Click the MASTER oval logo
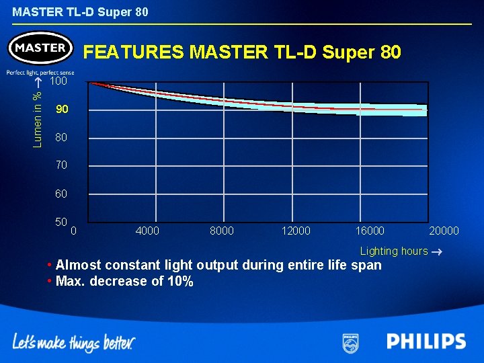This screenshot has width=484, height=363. click(40, 48)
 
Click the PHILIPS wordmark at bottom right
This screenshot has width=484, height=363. click(426, 341)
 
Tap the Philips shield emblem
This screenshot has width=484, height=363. click(350, 342)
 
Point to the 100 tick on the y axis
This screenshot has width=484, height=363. click(59, 81)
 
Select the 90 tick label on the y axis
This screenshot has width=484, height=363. click(62, 110)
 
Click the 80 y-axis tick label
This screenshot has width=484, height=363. click(61, 138)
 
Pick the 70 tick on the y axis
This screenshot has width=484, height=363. click(61, 165)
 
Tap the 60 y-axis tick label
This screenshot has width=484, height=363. click(61, 194)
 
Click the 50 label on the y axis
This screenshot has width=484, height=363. click(61, 221)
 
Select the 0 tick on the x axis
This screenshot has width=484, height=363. click(74, 231)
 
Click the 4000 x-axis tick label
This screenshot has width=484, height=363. click(147, 231)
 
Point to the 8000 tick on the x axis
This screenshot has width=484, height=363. click(222, 231)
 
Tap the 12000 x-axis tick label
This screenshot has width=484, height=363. click(296, 231)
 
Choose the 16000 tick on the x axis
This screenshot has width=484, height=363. click(370, 231)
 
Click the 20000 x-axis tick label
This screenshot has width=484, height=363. click(444, 231)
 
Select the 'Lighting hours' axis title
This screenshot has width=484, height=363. click(394, 251)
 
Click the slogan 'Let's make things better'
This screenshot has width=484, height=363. click(74, 343)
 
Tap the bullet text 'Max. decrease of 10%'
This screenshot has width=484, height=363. click(124, 281)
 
